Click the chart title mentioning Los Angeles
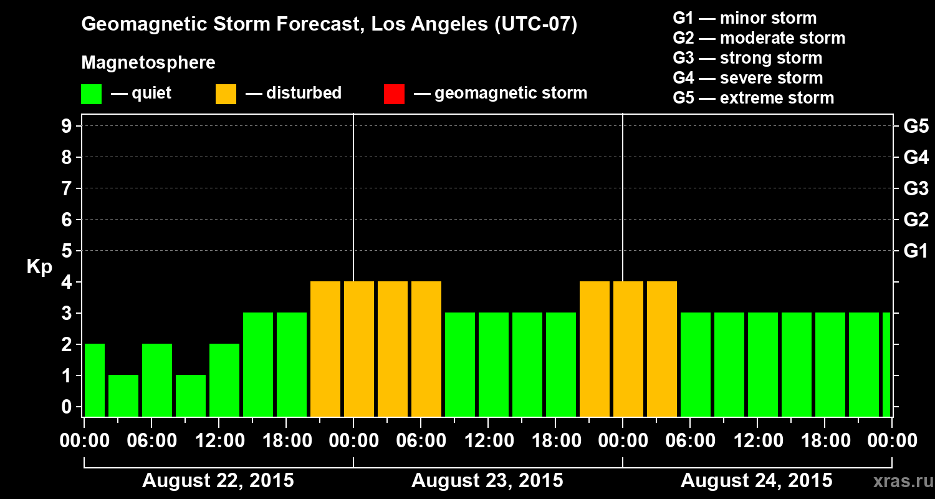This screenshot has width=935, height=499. (329, 25)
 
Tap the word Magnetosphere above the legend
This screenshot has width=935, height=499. (148, 63)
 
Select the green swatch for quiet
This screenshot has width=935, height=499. (91, 94)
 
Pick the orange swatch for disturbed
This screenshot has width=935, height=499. (226, 94)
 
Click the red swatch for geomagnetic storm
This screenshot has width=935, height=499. (394, 94)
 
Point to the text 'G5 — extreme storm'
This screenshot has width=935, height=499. (753, 98)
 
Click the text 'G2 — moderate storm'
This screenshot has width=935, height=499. (759, 38)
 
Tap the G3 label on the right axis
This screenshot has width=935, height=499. (916, 188)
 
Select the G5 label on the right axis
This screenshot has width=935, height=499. (916, 126)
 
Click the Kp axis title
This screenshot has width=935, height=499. (39, 267)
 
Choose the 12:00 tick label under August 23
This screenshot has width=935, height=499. (488, 441)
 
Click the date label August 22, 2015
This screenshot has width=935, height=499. (218, 481)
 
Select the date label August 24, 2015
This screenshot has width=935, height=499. (756, 481)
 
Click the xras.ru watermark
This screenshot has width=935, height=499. (898, 482)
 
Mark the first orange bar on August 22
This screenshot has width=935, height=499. (325, 349)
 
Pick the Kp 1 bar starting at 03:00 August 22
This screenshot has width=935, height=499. (123, 395)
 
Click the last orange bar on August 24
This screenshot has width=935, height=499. (662, 349)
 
